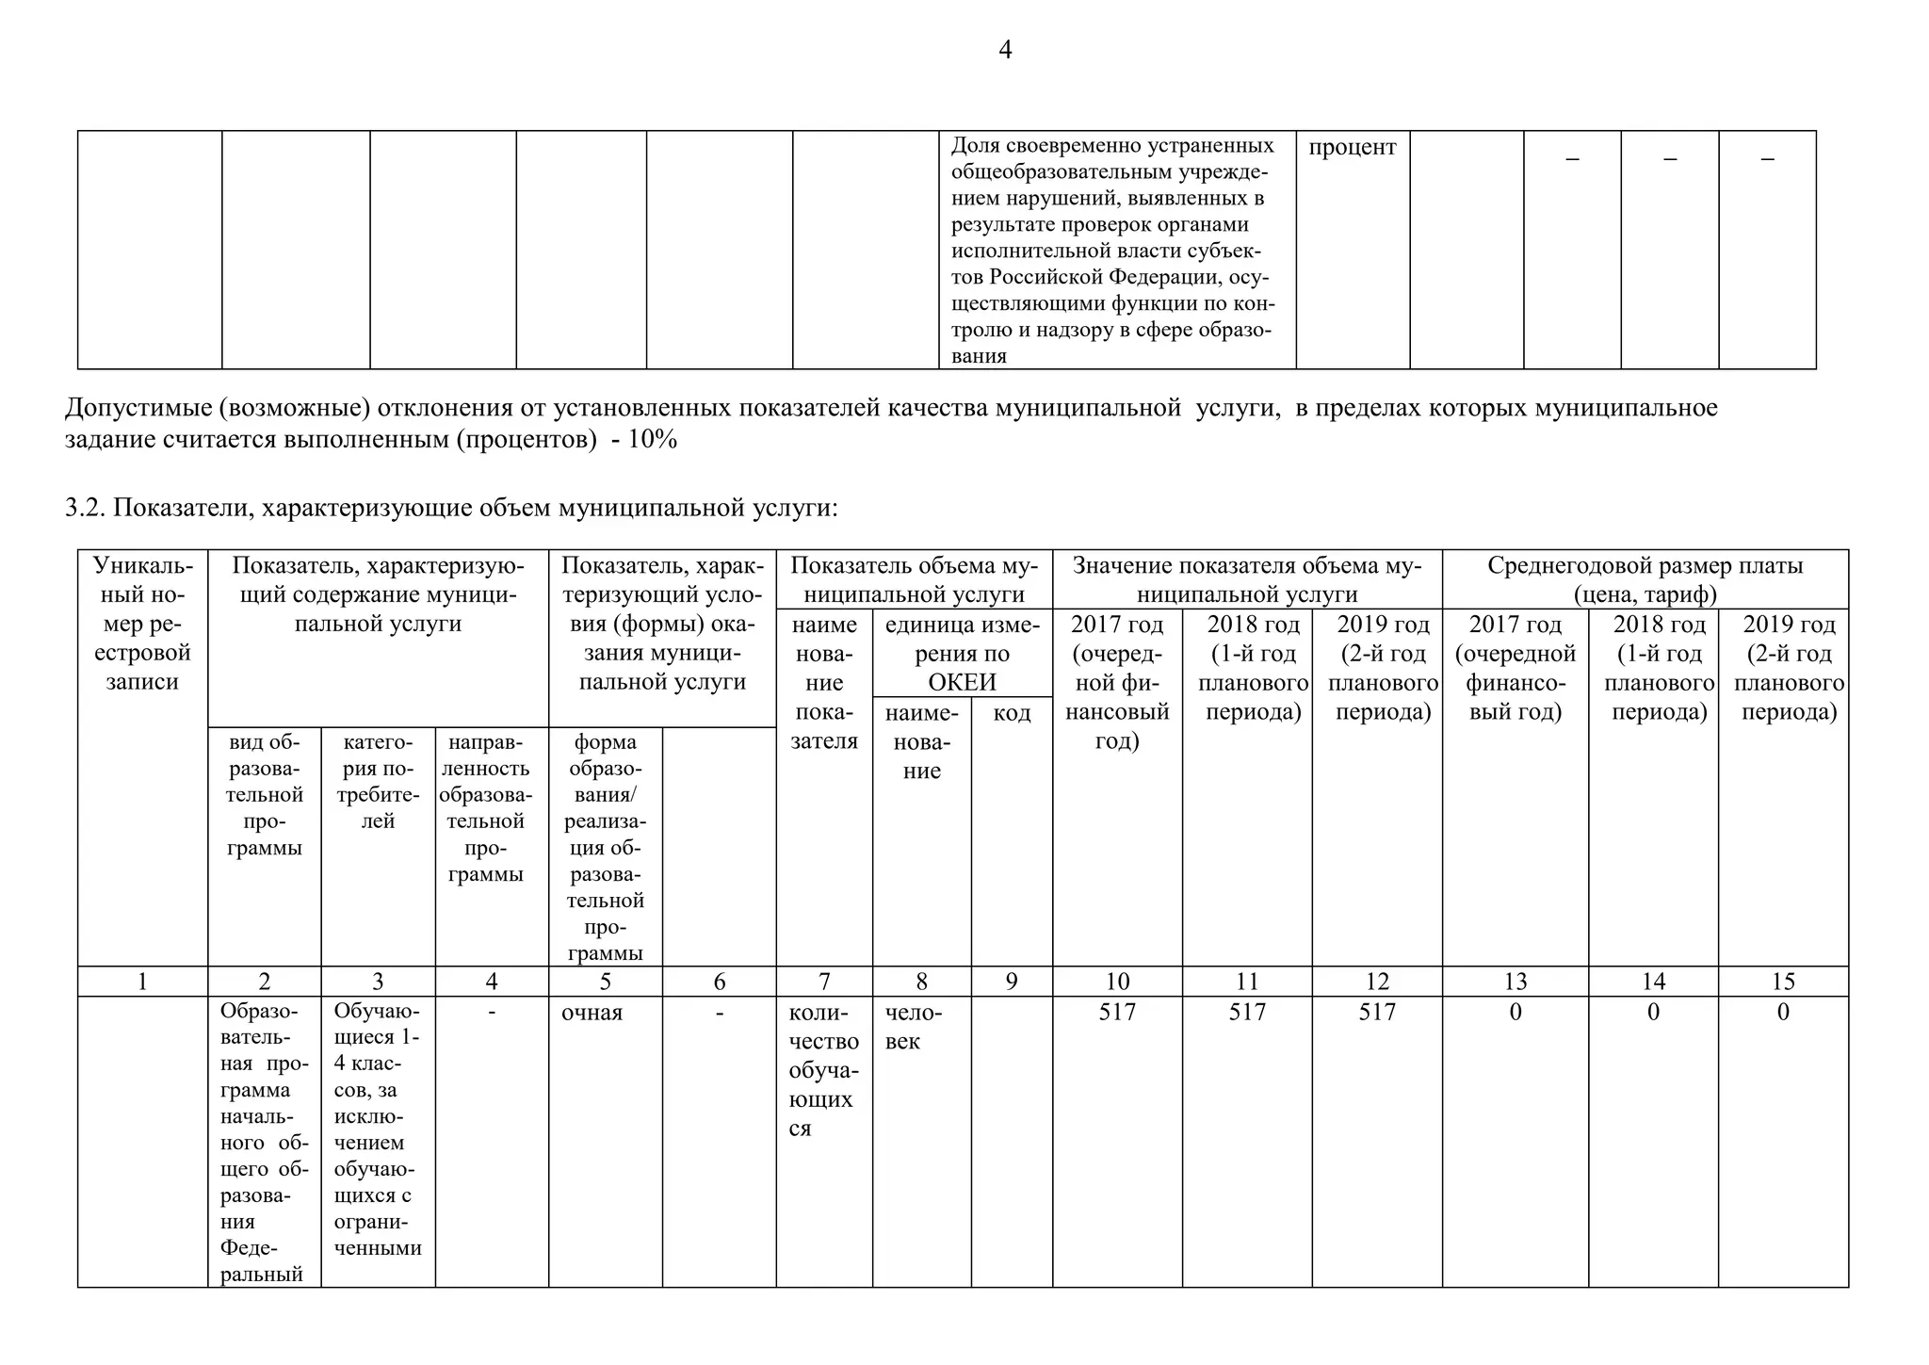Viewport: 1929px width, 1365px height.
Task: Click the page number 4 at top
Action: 1004,50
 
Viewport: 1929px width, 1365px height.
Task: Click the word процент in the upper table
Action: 1352,147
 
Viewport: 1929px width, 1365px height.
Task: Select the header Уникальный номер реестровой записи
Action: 142,624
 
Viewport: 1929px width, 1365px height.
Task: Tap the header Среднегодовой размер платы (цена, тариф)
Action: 1645,579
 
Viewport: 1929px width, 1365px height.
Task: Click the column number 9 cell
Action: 1011,982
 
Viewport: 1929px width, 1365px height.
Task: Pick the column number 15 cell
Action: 1782,982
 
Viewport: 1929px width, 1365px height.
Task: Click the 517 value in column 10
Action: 1117,1013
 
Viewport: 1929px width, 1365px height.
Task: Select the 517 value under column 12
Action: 1376,1013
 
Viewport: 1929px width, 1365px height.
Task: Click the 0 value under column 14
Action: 1652,1013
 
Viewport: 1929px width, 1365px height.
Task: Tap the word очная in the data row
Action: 592,1014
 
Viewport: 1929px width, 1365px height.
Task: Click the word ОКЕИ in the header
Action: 961,683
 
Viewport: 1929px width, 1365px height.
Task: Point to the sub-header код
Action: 1012,713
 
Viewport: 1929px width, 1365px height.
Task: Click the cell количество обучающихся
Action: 823,1070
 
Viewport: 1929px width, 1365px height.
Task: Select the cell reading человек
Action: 913,1027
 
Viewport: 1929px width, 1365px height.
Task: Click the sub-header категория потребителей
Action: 378,782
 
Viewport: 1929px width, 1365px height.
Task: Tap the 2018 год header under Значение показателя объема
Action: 1248,668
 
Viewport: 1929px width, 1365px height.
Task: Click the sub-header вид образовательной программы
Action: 264,795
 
